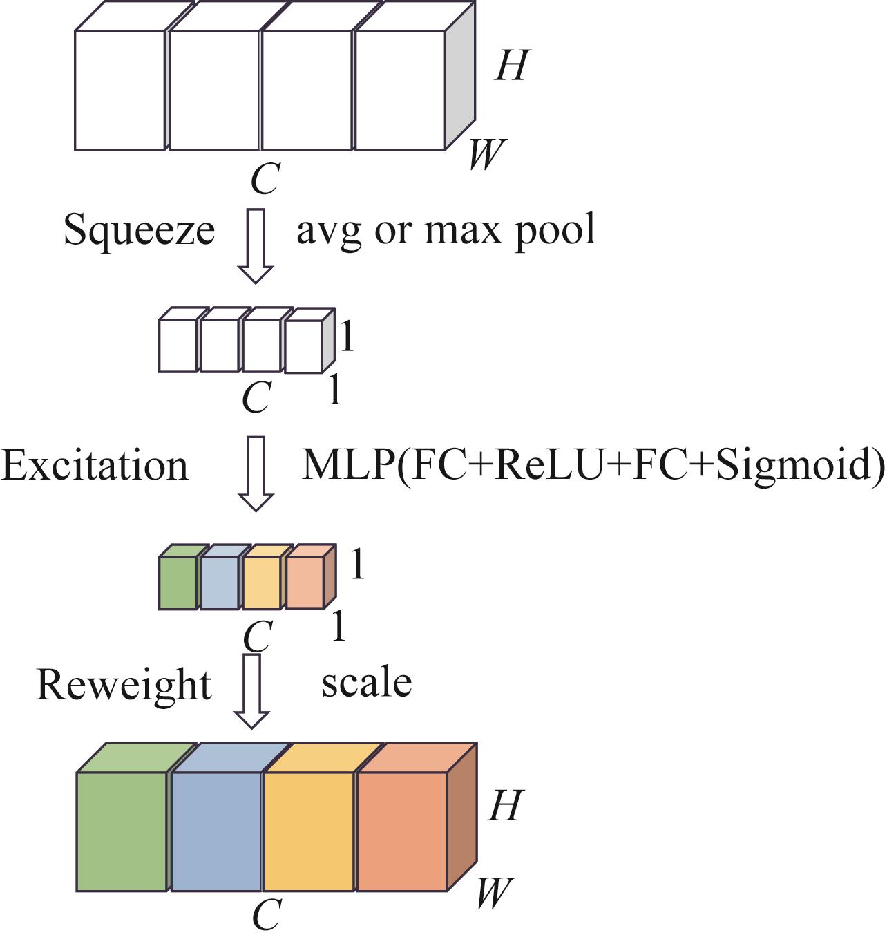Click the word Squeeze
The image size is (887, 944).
tap(139, 230)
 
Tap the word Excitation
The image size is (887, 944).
tap(95, 465)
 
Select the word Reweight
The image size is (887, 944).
tap(124, 685)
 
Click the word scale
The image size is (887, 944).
tap(366, 683)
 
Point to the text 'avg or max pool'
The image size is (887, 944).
tap(446, 230)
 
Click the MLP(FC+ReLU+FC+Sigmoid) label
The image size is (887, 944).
tap(593, 465)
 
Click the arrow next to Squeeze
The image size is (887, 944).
tap(256, 245)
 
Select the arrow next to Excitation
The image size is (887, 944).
tap(256, 473)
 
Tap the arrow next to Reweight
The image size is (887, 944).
tap(251, 690)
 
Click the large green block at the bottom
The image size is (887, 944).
tap(122, 831)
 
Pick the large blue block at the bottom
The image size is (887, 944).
tap(216, 831)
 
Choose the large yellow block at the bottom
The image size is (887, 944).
tap(309, 831)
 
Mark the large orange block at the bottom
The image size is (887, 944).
tap(402, 831)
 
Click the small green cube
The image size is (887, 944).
tap(178, 583)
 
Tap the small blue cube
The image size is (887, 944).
tap(220, 583)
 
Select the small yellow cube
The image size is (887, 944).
tap(262, 583)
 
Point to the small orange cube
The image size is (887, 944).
tap(305, 583)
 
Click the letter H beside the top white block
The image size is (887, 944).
tap(511, 66)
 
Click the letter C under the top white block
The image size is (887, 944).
tap(265, 180)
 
